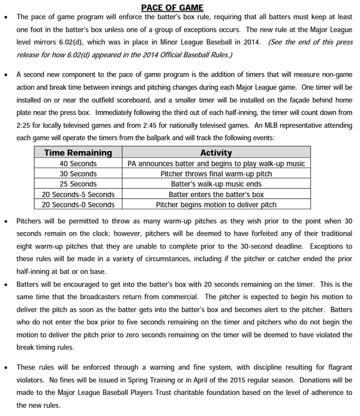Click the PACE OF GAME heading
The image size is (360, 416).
click(x=180, y=7)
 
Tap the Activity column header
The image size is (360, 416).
click(x=216, y=153)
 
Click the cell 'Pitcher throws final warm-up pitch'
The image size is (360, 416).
click(x=216, y=174)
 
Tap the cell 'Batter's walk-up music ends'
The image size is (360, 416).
click(x=216, y=184)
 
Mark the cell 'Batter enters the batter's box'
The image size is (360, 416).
click(x=216, y=194)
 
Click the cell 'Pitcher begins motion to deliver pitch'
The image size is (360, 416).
click(x=216, y=204)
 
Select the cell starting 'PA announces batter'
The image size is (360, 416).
click(x=216, y=164)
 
